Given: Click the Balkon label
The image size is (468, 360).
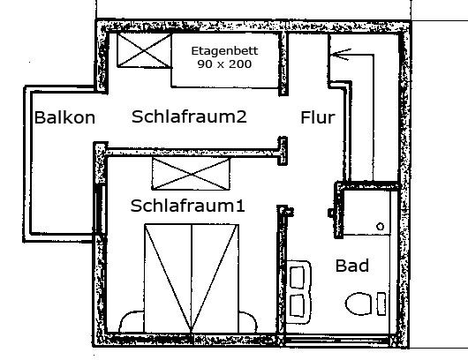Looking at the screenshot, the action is pyautogui.click(x=64, y=117).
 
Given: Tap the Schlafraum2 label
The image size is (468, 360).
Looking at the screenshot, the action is pyautogui.click(x=189, y=116).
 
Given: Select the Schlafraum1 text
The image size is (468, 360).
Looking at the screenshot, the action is pyautogui.click(x=187, y=206).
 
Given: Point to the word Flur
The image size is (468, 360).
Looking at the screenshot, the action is pyautogui.click(x=318, y=117).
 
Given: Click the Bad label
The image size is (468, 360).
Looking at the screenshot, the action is pyautogui.click(x=352, y=266).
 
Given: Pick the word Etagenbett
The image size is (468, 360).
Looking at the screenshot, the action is pyautogui.click(x=224, y=50).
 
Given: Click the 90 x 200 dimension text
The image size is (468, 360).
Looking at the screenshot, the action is pyautogui.click(x=224, y=64).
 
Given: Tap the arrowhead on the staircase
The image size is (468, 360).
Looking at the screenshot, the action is pyautogui.click(x=340, y=55).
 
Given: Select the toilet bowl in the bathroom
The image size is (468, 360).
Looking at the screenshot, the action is pyautogui.click(x=359, y=304).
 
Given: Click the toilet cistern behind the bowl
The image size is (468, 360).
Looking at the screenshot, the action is pyautogui.click(x=381, y=304).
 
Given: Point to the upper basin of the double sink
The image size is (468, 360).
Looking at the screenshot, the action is pyautogui.click(x=298, y=278).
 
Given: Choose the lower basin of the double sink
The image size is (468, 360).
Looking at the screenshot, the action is pyautogui.click(x=298, y=305).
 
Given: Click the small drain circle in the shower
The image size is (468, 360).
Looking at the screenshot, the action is pyautogui.click(x=380, y=227).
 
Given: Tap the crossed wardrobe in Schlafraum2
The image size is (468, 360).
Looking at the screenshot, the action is pyautogui.click(x=144, y=50).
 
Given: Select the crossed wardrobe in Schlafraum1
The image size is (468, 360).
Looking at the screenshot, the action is pyautogui.click(x=191, y=174).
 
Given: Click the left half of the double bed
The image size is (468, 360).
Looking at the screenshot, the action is pyautogui.click(x=168, y=278).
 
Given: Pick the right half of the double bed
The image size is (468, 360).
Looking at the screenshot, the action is pyautogui.click(x=215, y=278).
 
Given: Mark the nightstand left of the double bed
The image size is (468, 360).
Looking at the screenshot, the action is pyautogui.click(x=132, y=321).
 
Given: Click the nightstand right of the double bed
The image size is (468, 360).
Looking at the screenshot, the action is pyautogui.click(x=248, y=322).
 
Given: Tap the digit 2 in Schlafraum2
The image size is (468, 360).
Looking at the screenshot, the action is pyautogui.click(x=241, y=116).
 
